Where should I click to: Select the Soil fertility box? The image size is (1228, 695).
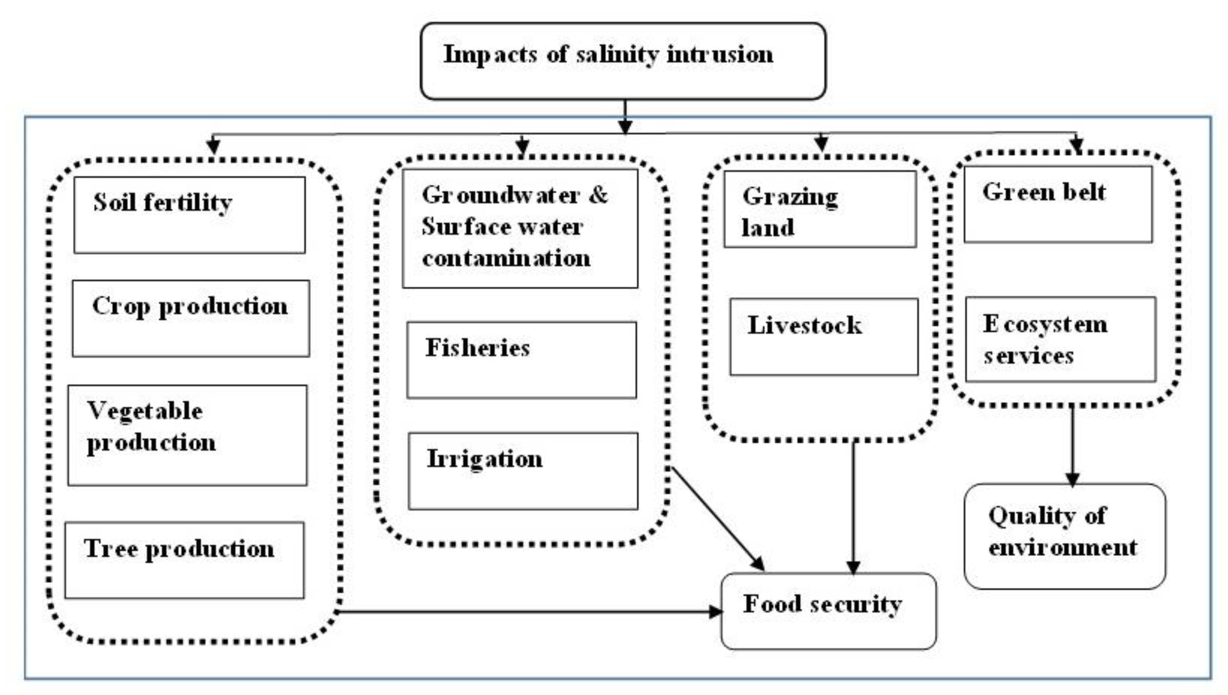pos(189,215)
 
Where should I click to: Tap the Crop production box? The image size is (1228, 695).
pos(191,318)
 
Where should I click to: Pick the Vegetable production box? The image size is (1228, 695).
pos(187,435)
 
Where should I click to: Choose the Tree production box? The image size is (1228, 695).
pos(185,560)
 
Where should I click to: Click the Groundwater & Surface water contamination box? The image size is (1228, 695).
pos(520,228)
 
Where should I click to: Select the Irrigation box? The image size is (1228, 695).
pos(522,471)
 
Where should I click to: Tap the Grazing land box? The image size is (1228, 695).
pos(820,209)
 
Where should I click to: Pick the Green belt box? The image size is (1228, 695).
pos(1057,204)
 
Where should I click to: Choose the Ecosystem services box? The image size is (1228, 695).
pos(1061,340)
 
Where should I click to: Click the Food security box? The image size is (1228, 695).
pos(828,611)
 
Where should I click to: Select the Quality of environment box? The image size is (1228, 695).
pos(1064,536)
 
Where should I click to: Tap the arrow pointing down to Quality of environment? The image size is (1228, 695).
pos(1072,444)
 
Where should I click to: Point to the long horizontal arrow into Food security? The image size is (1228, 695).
pos(526,611)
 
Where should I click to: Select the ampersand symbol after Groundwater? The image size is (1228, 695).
pos(598,195)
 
